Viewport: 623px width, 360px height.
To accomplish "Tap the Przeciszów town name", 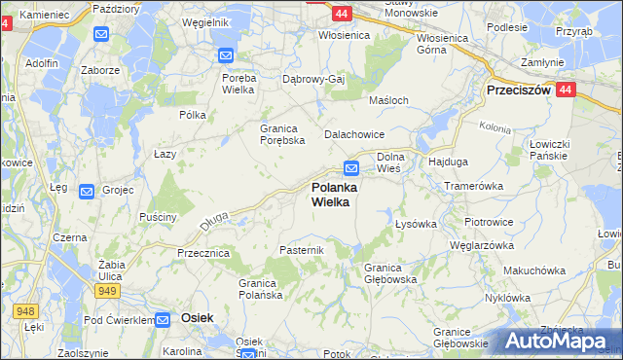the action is click(519, 90).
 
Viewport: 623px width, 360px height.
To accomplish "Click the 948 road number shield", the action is click(26, 310).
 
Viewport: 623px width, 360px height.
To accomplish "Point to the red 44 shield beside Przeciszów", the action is click(568, 89).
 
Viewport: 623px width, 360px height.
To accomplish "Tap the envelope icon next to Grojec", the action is click(87, 192).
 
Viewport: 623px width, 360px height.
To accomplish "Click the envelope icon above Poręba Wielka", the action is click(225, 56).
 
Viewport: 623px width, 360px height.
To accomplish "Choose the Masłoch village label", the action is click(386, 100).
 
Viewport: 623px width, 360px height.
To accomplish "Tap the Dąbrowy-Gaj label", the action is click(313, 79).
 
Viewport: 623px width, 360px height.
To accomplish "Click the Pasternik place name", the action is click(301, 250).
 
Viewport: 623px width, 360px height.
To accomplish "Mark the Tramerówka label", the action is click(472, 185).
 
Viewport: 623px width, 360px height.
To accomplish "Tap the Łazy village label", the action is click(165, 154).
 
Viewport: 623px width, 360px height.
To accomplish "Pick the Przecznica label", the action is click(202, 253).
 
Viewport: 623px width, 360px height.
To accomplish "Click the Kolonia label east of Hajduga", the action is click(495, 126).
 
